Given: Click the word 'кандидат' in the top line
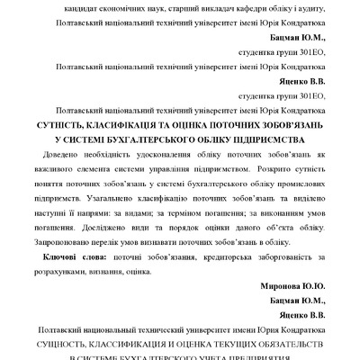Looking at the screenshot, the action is pos(85,7).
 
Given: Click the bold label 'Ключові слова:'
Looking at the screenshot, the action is pos(72,258).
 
